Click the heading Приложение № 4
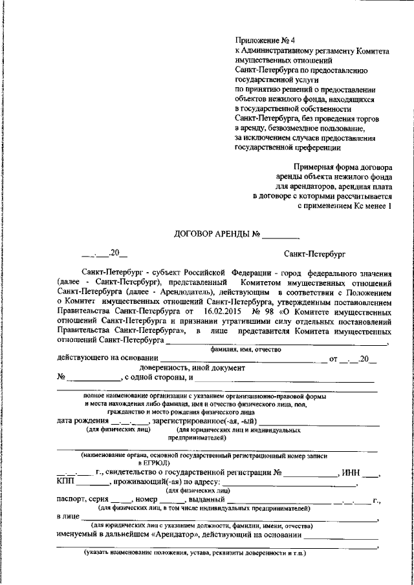click(x=261, y=39)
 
